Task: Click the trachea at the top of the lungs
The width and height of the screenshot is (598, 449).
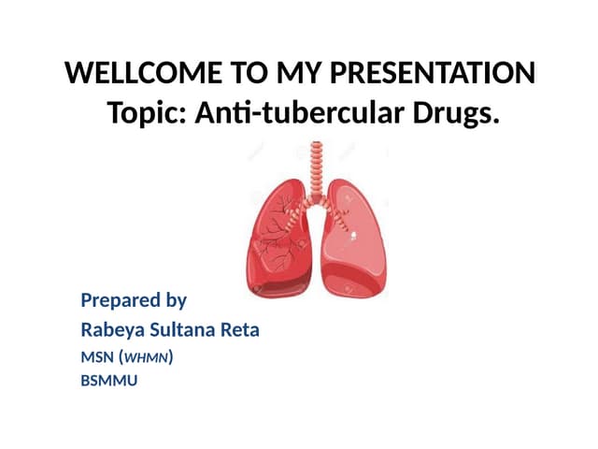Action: pos(317,159)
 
